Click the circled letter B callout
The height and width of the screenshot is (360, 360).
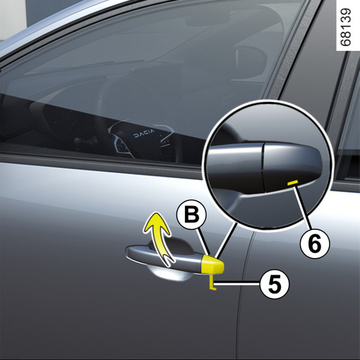[x=191, y=214]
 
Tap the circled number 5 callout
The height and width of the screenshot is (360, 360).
[x=275, y=284]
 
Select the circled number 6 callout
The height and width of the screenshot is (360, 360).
[x=315, y=243]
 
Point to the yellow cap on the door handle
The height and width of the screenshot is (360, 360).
[x=212, y=265]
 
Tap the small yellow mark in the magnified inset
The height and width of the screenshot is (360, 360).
[x=293, y=182]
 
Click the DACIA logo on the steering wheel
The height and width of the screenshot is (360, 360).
[x=144, y=133]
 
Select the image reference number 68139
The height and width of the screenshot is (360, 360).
[x=346, y=27]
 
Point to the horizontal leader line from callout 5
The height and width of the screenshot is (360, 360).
[x=237, y=284]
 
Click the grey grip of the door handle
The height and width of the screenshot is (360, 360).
[x=163, y=258]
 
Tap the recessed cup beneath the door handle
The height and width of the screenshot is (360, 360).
[x=170, y=274]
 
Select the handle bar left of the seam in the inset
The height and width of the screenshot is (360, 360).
[x=235, y=169]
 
